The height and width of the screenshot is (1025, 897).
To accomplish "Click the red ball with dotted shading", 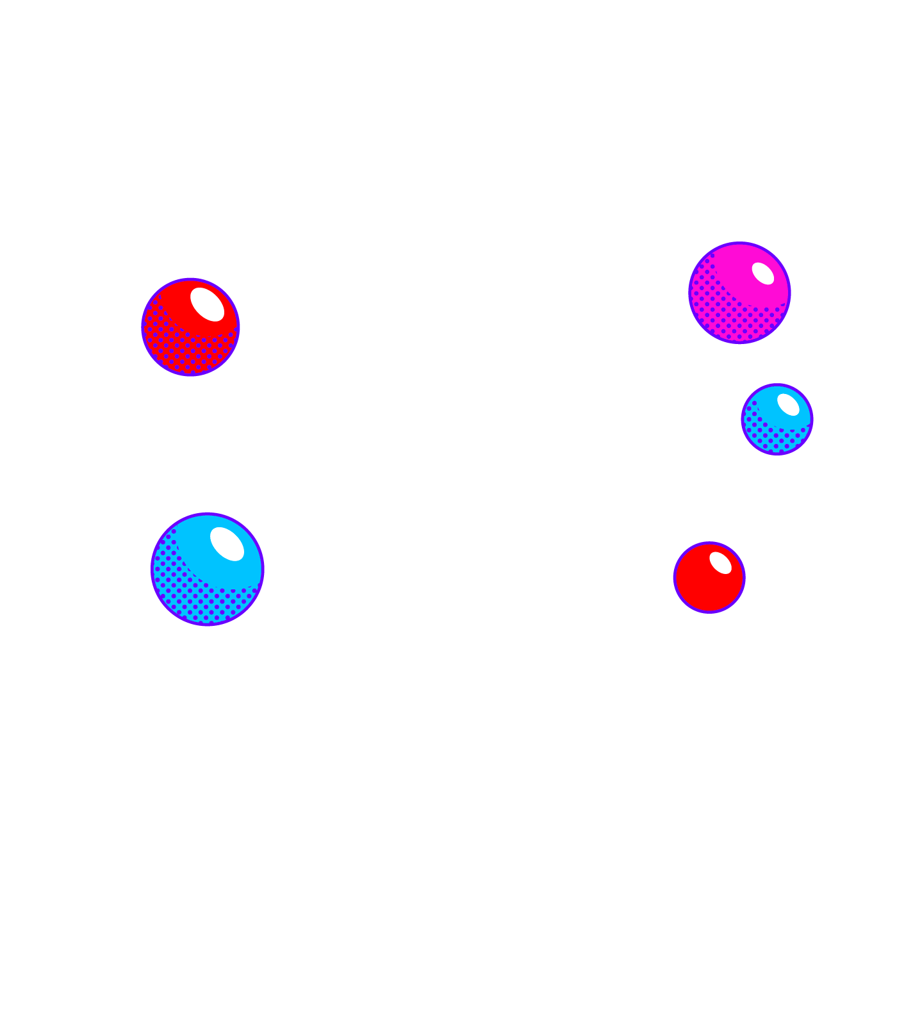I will click(x=190, y=327).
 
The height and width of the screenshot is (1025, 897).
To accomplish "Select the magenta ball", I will click(x=739, y=293).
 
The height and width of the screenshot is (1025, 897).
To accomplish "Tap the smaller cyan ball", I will click(x=777, y=419).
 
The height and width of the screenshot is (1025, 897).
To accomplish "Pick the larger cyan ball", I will click(x=208, y=569).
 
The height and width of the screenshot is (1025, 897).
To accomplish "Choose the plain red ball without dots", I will click(x=709, y=577).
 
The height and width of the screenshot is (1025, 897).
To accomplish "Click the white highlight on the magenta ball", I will click(x=762, y=274).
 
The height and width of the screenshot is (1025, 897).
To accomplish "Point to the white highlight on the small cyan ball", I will click(x=788, y=405).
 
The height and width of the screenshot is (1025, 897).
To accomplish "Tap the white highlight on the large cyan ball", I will click(x=227, y=544).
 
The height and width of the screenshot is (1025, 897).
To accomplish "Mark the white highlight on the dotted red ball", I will click(x=207, y=304).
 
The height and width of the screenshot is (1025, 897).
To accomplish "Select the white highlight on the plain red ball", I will click(x=720, y=562).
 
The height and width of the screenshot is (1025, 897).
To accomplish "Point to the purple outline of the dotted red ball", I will click(x=142, y=327).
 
